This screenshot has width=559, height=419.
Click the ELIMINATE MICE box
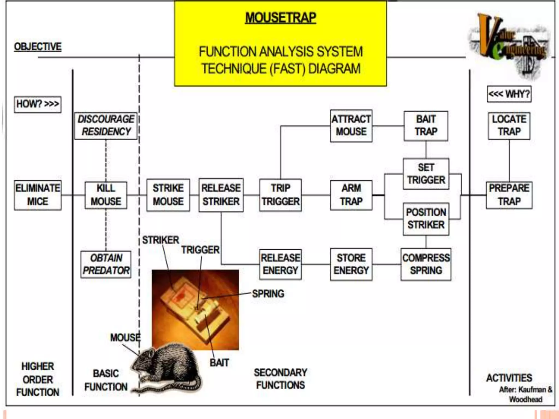(x=38, y=195)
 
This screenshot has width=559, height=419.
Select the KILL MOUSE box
(x=106, y=195)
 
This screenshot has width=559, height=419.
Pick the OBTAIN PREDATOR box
(x=106, y=264)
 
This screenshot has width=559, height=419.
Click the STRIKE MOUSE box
(x=168, y=195)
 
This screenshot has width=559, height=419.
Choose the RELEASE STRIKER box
(x=221, y=195)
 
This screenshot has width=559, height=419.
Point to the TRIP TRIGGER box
(x=281, y=195)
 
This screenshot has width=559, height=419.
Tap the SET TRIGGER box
(x=426, y=174)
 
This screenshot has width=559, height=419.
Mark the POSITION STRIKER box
(x=426, y=219)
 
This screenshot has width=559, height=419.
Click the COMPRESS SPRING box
(x=426, y=264)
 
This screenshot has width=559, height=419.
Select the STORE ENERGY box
(x=351, y=264)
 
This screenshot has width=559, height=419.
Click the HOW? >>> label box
(x=38, y=104)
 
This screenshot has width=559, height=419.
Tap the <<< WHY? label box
(x=509, y=94)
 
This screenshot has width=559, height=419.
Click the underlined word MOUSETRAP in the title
(x=281, y=18)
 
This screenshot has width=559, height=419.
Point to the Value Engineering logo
(x=509, y=44)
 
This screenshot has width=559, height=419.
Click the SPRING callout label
(x=268, y=294)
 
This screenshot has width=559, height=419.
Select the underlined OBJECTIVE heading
(x=38, y=47)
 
